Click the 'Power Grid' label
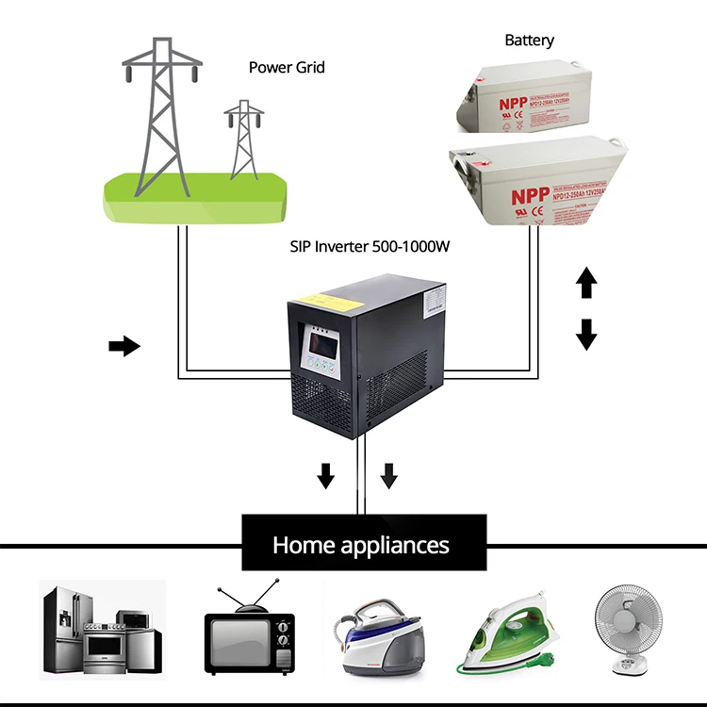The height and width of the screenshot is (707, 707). click(x=287, y=68)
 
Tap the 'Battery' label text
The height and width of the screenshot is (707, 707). click(x=529, y=41)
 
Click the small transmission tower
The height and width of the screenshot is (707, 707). click(x=244, y=137)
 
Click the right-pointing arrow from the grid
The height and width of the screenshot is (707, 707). click(x=123, y=347)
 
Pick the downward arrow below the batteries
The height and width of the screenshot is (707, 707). click(x=586, y=334)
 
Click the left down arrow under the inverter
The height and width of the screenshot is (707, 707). click(x=325, y=476)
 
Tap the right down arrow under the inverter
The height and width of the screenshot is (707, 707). click(x=388, y=476)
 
